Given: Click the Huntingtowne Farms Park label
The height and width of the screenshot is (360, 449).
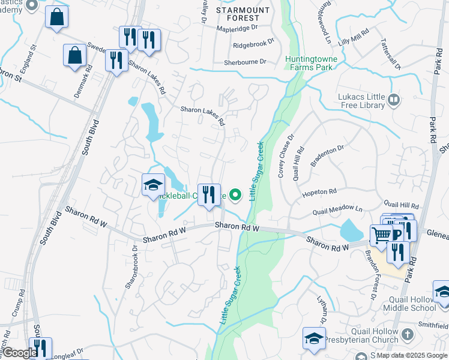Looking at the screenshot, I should tap(309, 64).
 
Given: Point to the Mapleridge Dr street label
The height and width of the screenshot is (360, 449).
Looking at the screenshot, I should tap(237, 28).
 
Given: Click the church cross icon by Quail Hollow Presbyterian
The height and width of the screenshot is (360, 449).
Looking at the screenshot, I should tap(408, 334).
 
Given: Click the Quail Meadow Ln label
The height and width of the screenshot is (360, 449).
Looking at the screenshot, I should tap(338, 211).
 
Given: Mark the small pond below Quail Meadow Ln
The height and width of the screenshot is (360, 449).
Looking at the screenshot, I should tap(349, 230).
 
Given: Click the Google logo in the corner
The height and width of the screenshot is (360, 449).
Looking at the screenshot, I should tap(20, 353).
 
